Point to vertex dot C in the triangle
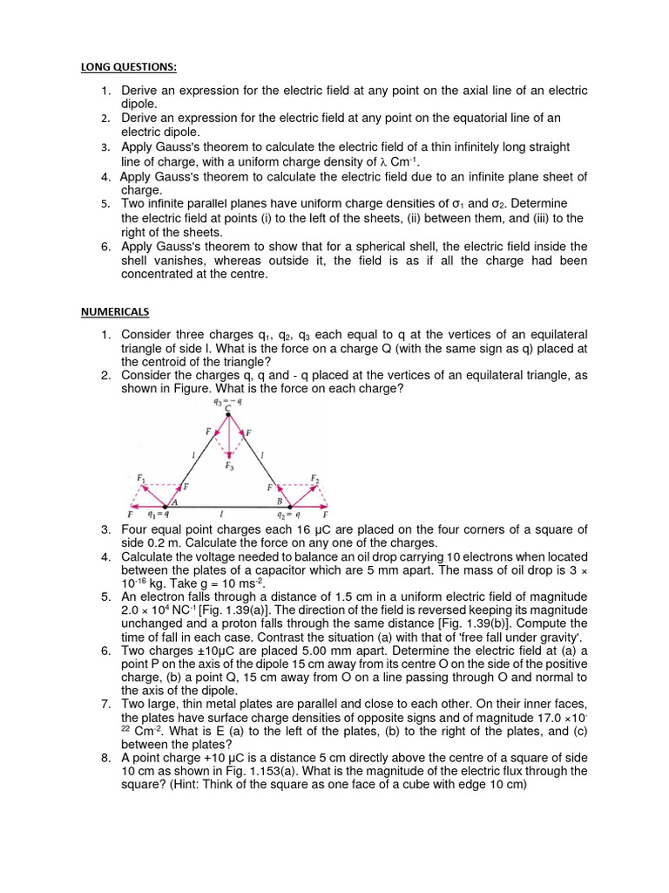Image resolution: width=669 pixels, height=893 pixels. click(x=229, y=415)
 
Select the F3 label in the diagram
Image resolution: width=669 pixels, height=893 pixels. click(x=229, y=467)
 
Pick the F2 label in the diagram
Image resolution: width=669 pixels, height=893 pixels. click(x=315, y=479)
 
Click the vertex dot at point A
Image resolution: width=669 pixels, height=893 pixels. click(x=167, y=506)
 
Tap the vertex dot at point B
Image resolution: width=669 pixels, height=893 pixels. click(x=290, y=506)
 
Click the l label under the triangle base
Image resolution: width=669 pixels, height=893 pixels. click(x=227, y=515)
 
